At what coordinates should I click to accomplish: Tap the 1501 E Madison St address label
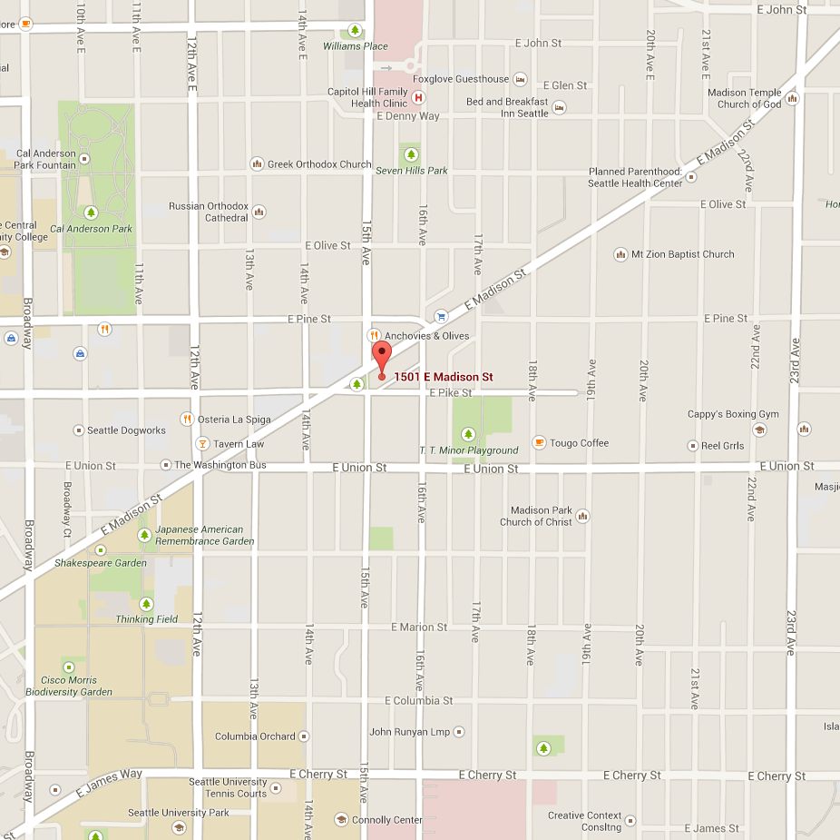click(x=443, y=377)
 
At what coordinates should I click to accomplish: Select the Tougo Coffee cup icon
click(x=539, y=442)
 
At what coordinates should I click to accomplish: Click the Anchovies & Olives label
click(x=427, y=336)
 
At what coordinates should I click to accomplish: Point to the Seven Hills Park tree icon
click(x=411, y=154)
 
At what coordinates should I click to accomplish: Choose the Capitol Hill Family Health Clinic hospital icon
click(x=418, y=97)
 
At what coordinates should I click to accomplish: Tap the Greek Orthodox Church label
click(x=318, y=164)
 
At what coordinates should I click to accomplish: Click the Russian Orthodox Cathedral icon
click(x=259, y=212)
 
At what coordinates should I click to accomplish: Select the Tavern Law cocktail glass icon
click(x=202, y=444)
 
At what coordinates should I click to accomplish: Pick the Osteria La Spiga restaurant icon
click(x=186, y=419)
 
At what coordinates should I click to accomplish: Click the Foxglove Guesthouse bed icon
click(x=520, y=79)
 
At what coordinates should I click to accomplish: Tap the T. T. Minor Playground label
click(x=468, y=450)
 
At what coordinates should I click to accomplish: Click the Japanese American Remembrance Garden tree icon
click(x=144, y=535)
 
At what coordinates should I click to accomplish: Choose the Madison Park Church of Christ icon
click(x=582, y=516)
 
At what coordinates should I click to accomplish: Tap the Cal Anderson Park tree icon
click(x=91, y=212)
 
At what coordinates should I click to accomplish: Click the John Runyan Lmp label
click(x=409, y=732)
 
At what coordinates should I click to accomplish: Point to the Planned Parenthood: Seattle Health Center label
click(x=635, y=177)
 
